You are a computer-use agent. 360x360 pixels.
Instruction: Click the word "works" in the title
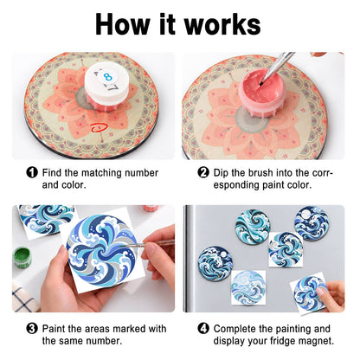[222, 24]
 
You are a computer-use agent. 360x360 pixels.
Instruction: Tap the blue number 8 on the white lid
[108, 77]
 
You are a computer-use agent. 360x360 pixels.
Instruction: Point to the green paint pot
[22, 257]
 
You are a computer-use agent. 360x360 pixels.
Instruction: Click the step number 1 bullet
[32, 172]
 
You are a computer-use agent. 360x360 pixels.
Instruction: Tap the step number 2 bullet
[203, 172]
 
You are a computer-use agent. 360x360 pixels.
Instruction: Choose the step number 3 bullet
[32, 328]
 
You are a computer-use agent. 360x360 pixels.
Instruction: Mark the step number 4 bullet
[203, 328]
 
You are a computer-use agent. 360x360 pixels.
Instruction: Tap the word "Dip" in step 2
[221, 173]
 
